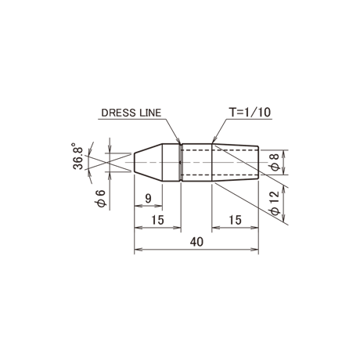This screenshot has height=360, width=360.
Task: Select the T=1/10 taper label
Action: coord(250,112)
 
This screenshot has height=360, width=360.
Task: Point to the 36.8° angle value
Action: coord(77,156)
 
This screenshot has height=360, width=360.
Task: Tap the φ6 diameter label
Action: coord(101,198)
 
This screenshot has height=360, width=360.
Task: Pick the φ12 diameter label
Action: coord(275,203)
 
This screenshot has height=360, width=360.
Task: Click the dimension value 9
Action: coord(148,199)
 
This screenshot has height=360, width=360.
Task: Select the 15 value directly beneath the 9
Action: coord(157,220)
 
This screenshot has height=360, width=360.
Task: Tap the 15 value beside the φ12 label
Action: coord(235,220)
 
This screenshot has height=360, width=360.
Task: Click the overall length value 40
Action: coord(196,242)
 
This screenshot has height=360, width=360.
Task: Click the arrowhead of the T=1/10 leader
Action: coord(214,141)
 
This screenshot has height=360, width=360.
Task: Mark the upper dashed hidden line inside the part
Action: coord(220,150)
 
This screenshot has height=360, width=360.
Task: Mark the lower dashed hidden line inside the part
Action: coord(220,175)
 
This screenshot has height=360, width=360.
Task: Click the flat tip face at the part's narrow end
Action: coord(135,162)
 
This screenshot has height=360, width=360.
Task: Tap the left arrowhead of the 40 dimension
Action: coord(138,250)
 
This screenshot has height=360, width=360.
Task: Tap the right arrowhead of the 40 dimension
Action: coord(255,250)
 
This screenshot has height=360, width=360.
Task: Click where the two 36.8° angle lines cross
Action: coord(107,163)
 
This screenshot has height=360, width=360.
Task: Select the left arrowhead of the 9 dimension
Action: coord(138,206)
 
